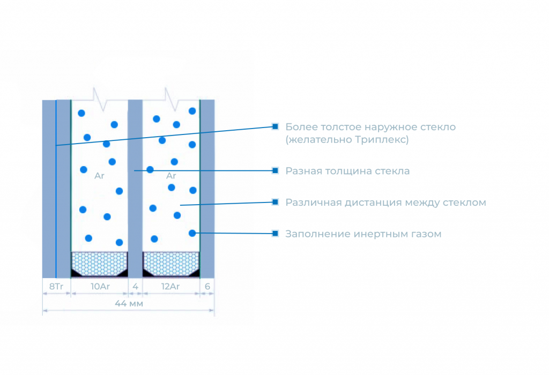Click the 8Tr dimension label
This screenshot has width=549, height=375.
coord(56,287)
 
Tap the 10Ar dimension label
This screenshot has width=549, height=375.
coord(100,287)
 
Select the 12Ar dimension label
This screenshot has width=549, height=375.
coord(170,287)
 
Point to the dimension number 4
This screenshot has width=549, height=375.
coord(135,287)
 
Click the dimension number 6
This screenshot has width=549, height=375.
coord(207,287)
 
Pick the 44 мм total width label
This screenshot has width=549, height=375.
coord(129,303)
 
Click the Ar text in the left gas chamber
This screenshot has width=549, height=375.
coord(99,175)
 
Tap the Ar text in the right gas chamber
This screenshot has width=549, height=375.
coord(171,175)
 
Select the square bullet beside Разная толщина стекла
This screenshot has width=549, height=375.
coord(275,170)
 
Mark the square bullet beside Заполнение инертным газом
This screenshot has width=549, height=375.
coord(275,234)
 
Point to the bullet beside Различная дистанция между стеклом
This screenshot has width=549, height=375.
coord(275,202)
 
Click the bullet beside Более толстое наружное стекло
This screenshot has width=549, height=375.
coord(275,126)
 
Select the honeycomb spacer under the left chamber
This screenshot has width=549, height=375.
coord(99,263)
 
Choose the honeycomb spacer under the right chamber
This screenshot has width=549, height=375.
coord(171,263)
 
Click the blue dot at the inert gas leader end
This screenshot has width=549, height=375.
coord(192,233)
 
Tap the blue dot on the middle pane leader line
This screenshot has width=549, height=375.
coord(150,169)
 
